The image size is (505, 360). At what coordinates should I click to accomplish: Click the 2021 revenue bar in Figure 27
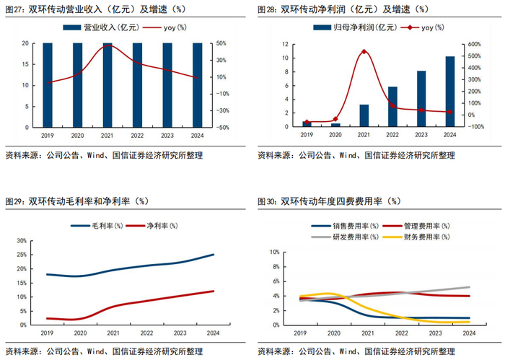107,84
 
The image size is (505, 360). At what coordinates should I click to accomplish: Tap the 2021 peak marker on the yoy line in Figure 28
364,52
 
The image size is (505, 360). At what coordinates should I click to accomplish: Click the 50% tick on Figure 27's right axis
222,43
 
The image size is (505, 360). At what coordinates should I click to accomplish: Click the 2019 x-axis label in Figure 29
48,333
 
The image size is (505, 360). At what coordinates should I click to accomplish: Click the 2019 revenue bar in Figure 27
48,84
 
